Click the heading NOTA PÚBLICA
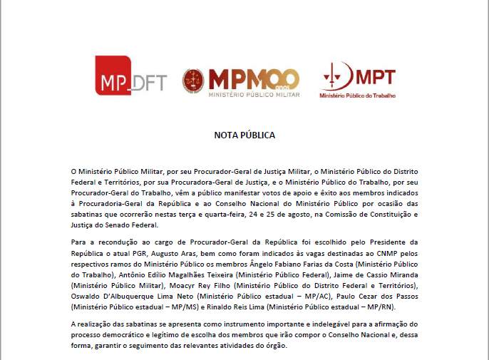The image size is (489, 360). coord(244,135)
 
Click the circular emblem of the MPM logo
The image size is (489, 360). coord(193,81)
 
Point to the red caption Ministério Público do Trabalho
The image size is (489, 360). coord(357,95)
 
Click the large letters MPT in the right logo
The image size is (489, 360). coord(375,77)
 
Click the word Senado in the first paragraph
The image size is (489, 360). coord(108,225)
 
